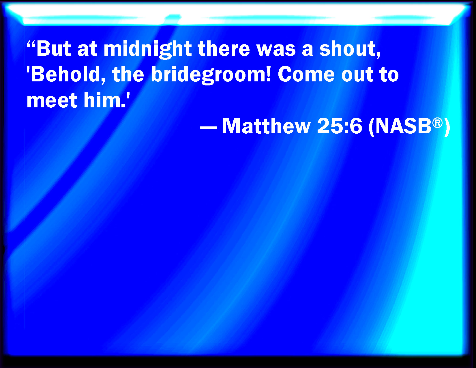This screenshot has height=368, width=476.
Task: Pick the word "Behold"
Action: pyautogui.click(x=65, y=74)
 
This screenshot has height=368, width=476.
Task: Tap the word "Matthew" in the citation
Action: pyautogui.click(x=266, y=126)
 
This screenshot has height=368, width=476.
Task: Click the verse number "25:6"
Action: pyautogui.click(x=339, y=126)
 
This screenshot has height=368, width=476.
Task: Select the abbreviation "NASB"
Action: pyautogui.click(x=403, y=126)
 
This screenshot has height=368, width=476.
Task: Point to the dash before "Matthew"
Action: pyautogui.click(x=208, y=127)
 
